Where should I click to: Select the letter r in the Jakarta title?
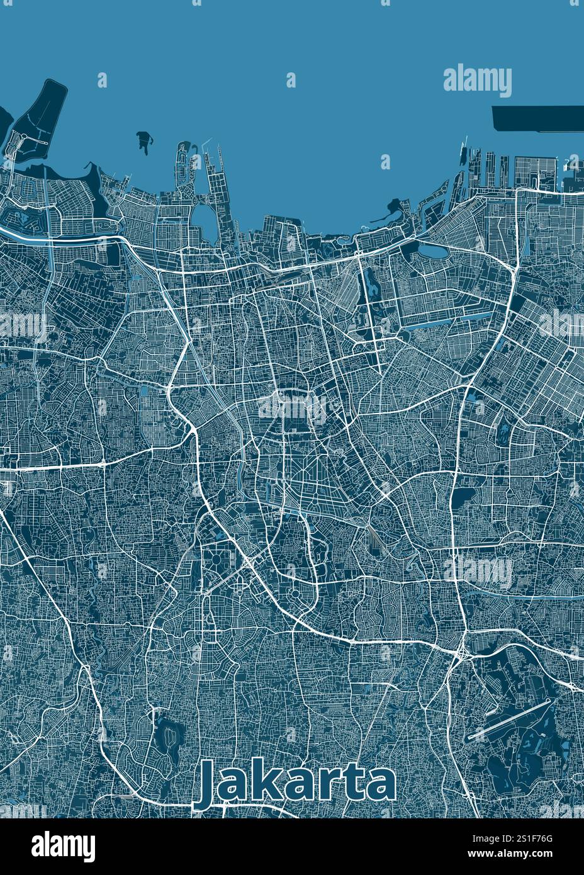pyautogui.click(x=328, y=786)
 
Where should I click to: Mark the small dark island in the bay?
pyautogui.click(x=144, y=141)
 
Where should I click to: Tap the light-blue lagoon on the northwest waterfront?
pyautogui.click(x=203, y=218)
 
